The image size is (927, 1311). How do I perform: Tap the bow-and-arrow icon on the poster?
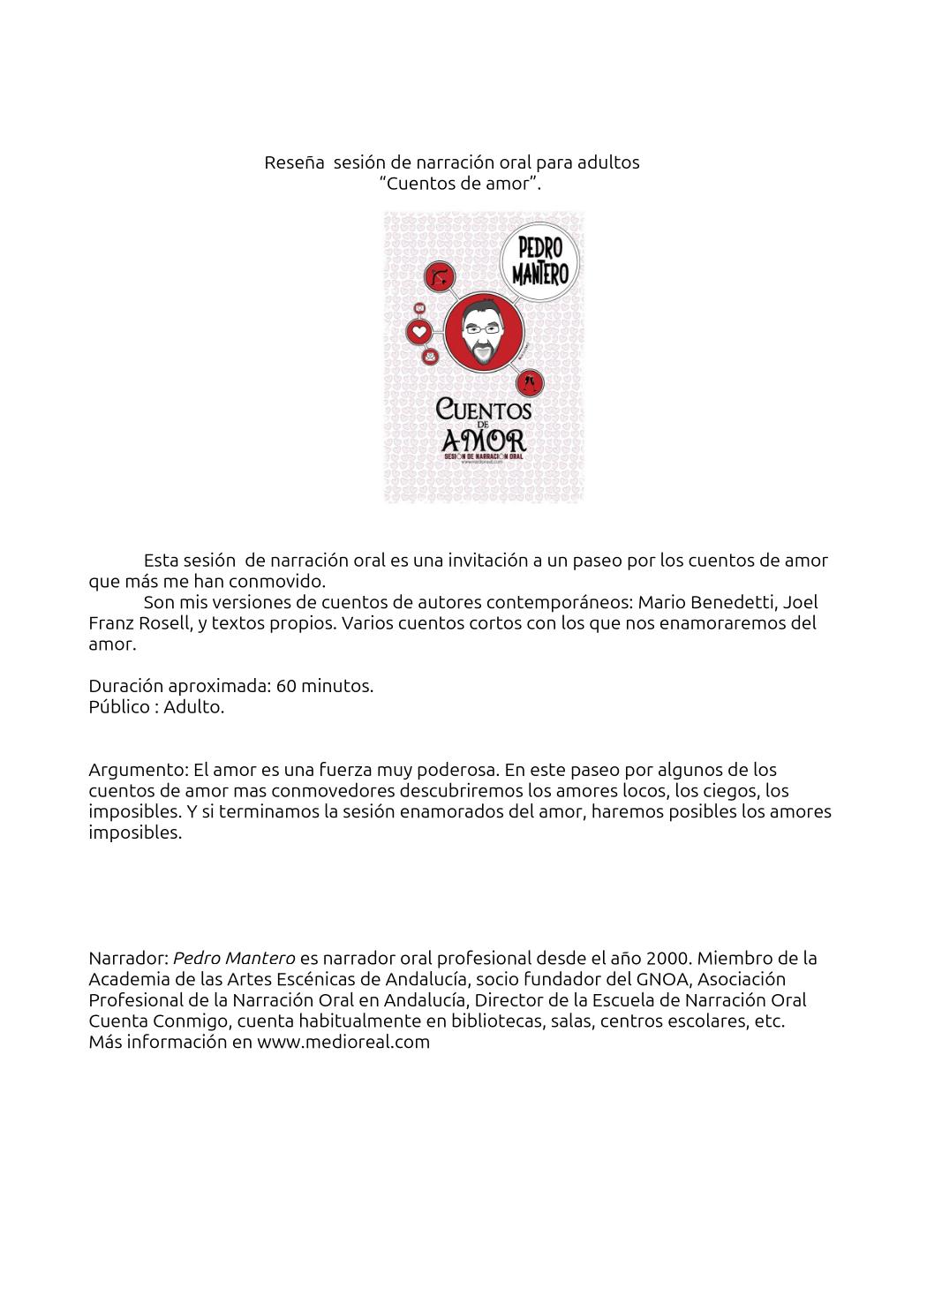[x=440, y=277]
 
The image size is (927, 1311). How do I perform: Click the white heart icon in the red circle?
[x=419, y=333]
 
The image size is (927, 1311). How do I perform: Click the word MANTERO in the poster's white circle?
[x=540, y=275]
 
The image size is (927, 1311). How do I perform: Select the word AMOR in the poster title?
[x=484, y=439]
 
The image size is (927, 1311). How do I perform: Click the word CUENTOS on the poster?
[x=484, y=409]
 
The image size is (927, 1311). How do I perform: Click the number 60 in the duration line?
[x=286, y=686]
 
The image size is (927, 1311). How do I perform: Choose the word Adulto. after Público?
[x=194, y=707]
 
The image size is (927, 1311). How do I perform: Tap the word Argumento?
[x=138, y=770]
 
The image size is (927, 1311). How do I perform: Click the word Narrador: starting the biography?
[x=128, y=958]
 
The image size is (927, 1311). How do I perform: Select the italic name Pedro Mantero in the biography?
[x=234, y=958]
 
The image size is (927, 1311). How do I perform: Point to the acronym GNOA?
[x=648, y=979]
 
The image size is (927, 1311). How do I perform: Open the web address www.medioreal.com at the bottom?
[x=343, y=1042]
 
